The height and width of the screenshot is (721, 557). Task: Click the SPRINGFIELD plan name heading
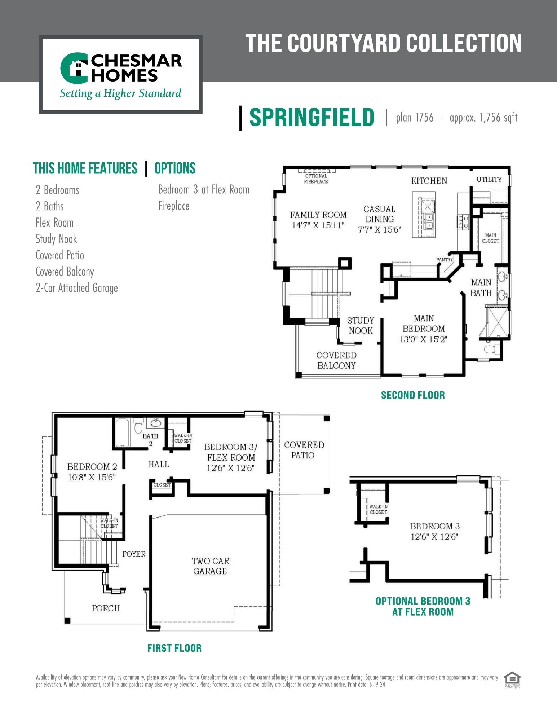312,117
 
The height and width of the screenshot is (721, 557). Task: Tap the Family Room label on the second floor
318,215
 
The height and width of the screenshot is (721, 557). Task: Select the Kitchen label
429,181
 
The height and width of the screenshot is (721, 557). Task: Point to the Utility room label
489,179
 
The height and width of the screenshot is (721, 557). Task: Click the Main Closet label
490,238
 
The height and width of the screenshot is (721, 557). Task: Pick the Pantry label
444,260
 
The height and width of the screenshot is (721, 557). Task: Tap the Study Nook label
361,326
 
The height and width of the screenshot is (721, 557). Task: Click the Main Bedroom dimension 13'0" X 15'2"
423,339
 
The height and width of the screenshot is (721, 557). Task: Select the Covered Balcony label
336,360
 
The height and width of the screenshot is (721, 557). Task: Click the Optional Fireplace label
316,179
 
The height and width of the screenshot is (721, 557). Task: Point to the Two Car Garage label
210,566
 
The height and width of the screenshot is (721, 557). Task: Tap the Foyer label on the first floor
134,554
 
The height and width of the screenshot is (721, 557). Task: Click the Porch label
106,608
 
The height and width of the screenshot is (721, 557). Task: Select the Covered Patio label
304,450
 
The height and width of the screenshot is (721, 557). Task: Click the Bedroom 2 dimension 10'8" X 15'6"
92,477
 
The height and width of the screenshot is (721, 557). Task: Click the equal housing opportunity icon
512,680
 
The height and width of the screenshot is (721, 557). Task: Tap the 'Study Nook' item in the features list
56,239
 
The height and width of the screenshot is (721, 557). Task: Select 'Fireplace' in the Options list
174,206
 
